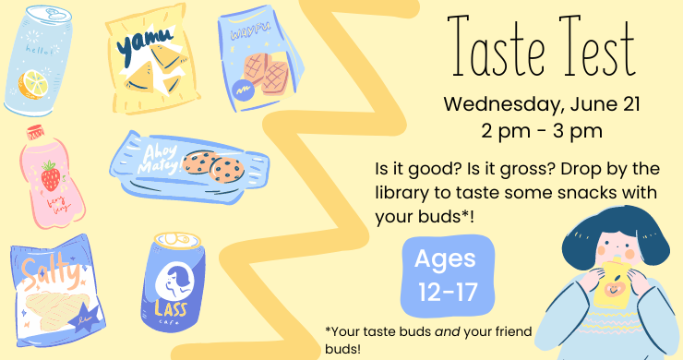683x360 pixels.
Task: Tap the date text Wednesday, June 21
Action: click(528, 102)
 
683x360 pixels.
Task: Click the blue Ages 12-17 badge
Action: click(445, 276)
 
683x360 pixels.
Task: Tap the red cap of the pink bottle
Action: click(36, 132)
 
